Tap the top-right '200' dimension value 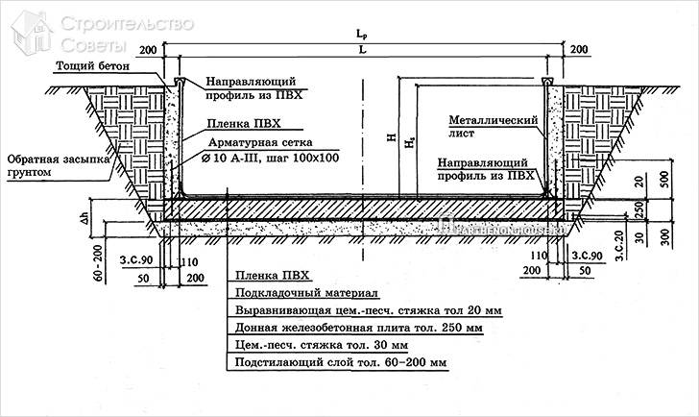tap(579, 49)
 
